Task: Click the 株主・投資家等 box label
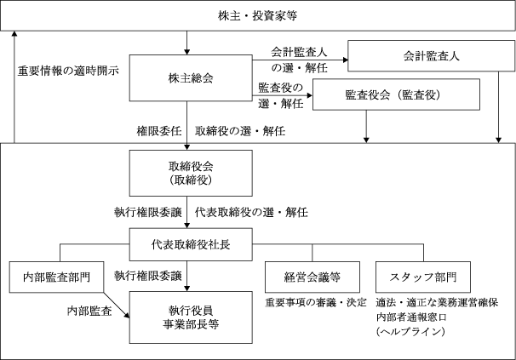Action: pyautogui.click(x=257, y=16)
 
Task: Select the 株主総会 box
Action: pyautogui.click(x=191, y=78)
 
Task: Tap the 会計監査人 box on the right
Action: pyautogui.click(x=431, y=56)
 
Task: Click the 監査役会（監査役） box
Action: pyautogui.click(x=396, y=94)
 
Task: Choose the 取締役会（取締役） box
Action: pyautogui.click(x=191, y=173)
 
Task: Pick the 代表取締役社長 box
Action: pyautogui.click(x=191, y=244)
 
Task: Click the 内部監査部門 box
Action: pyautogui.click(x=56, y=277)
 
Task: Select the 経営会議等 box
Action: pyautogui.click(x=312, y=277)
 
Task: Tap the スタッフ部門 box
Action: pyautogui.click(x=423, y=277)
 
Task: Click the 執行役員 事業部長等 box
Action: pyautogui.click(x=191, y=317)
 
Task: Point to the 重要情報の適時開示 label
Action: pyautogui.click(x=68, y=71)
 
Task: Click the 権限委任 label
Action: pyautogui.click(x=159, y=131)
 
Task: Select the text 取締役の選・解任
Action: pyautogui.click(x=240, y=131)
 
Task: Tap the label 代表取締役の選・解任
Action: pyautogui.click(x=251, y=212)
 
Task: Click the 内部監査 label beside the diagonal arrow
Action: pyautogui.click(x=89, y=311)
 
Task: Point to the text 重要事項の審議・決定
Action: pyautogui.click(x=316, y=302)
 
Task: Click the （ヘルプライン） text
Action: pyautogui.click(x=410, y=331)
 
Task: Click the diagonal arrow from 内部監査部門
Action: pyautogui.click(x=117, y=305)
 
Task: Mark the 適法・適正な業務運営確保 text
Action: pyautogui.click(x=437, y=302)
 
